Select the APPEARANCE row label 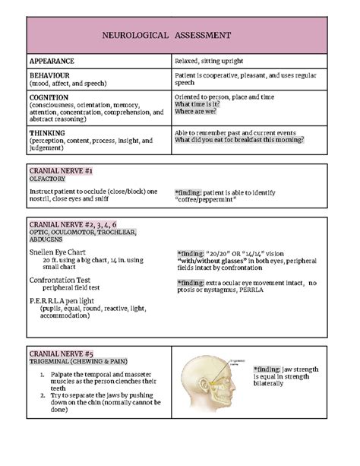pos(52,60)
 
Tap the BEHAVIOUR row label pos(50,76)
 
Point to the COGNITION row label pos(49,97)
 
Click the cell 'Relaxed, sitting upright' pos(210,60)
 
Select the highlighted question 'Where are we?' pos(195,111)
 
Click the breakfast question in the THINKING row pos(238,140)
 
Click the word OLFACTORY pos(48,179)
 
